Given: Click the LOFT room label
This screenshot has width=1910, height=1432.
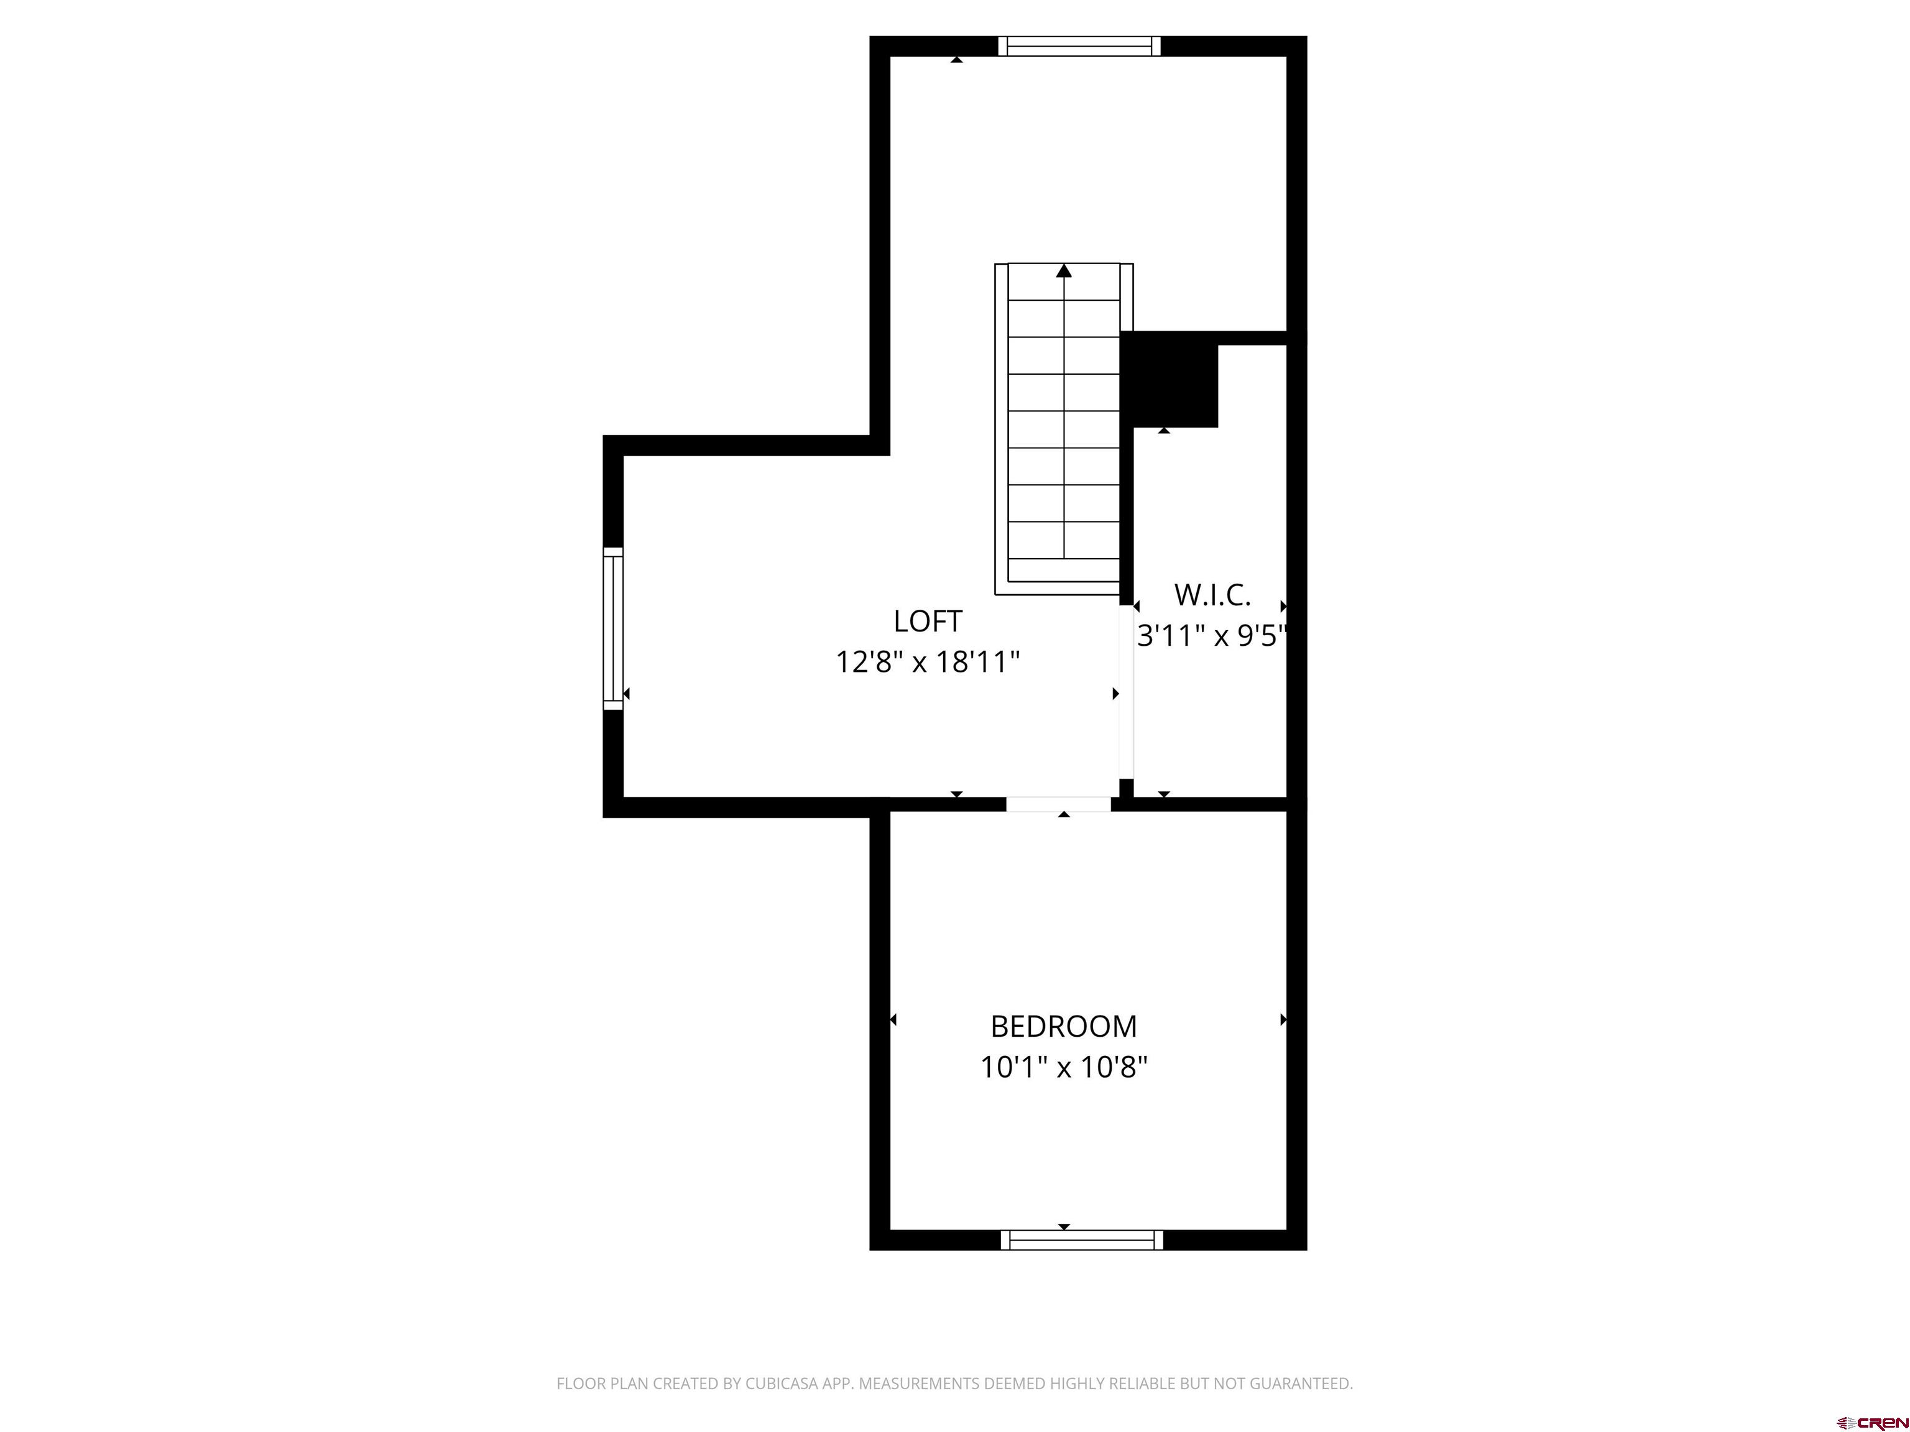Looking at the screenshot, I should (x=928, y=622).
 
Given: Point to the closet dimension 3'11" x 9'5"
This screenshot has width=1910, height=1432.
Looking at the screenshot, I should (x=1211, y=636).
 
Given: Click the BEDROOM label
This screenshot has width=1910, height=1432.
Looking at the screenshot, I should (x=1064, y=1026).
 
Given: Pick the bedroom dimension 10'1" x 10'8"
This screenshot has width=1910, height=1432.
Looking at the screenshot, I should (x=1064, y=1068).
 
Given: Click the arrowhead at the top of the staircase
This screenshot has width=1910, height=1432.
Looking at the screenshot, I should (x=1064, y=271).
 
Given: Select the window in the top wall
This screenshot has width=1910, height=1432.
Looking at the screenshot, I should (x=1079, y=46).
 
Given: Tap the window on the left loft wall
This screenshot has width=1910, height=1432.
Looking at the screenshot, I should (x=613, y=628).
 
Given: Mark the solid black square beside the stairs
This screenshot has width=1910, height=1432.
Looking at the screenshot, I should (x=1169, y=380).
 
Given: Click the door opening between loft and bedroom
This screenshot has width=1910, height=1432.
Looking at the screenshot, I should (x=1059, y=804).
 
